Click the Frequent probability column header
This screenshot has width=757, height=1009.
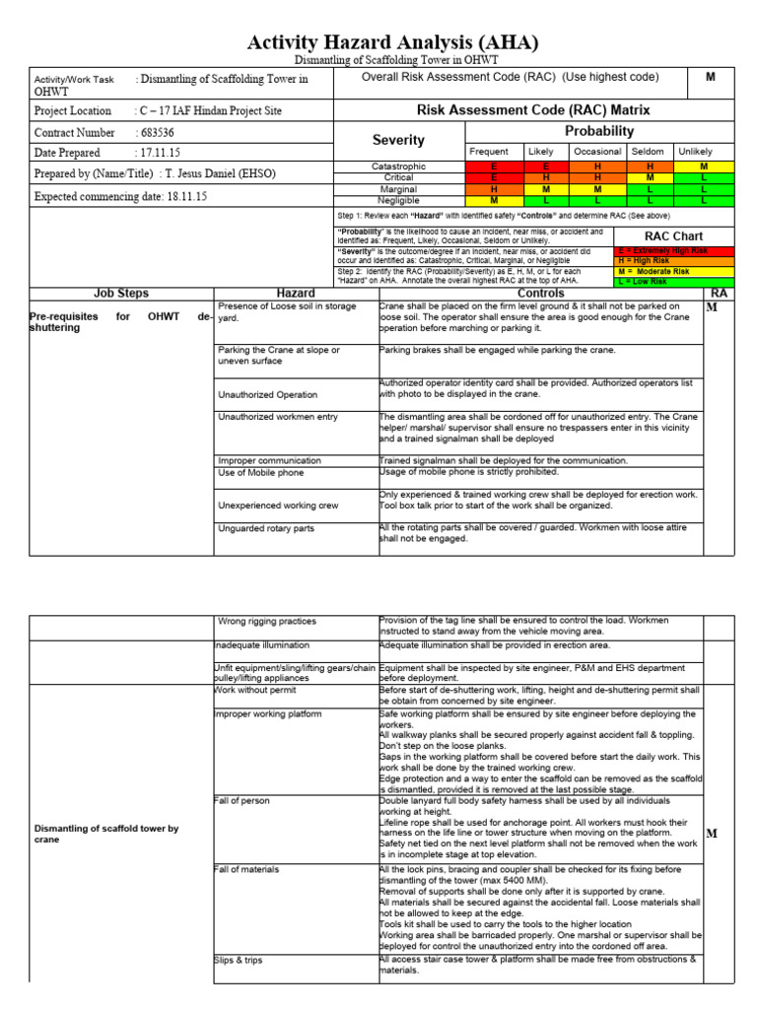(x=488, y=152)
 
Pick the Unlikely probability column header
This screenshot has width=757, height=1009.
(x=695, y=152)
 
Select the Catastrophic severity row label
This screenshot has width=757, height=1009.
(x=398, y=167)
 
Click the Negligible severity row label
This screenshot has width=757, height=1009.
(x=398, y=200)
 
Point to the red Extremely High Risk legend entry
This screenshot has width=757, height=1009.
(x=674, y=251)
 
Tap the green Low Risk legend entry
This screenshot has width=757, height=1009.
(x=674, y=282)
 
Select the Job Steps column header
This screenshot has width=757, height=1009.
(x=120, y=294)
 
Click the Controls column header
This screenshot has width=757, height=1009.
(x=540, y=294)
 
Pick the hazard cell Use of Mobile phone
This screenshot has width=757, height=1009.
(x=261, y=473)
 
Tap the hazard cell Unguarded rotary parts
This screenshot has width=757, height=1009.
(x=266, y=529)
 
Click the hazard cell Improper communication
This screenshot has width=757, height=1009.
(x=269, y=460)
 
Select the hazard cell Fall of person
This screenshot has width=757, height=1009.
(x=241, y=801)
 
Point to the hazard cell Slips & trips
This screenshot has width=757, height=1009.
(x=239, y=960)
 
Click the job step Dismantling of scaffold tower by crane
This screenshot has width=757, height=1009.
(x=106, y=835)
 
